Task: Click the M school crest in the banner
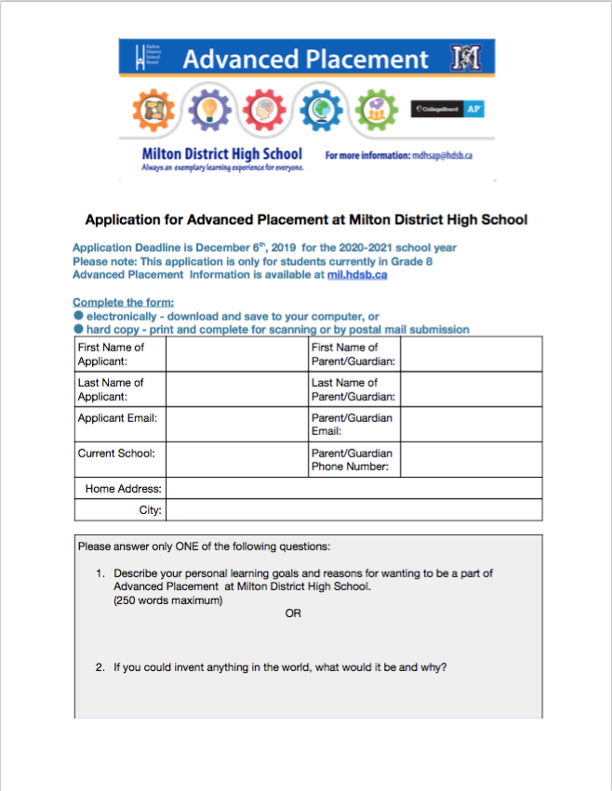pos(465,59)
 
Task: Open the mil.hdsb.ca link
pos(357,275)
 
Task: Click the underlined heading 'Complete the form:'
pos(123,303)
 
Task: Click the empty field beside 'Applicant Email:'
pos(236,424)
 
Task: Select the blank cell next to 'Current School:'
pos(236,459)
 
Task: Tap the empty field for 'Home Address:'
pos(353,488)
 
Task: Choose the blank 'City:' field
pos(353,509)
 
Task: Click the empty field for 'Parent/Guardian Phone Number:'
pos(471,459)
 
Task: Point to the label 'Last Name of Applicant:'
pos(111,389)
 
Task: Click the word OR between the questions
pos(293,613)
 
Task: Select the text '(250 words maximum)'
pos(168,600)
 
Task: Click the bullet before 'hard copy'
pos(79,329)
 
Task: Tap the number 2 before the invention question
pos(100,666)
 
